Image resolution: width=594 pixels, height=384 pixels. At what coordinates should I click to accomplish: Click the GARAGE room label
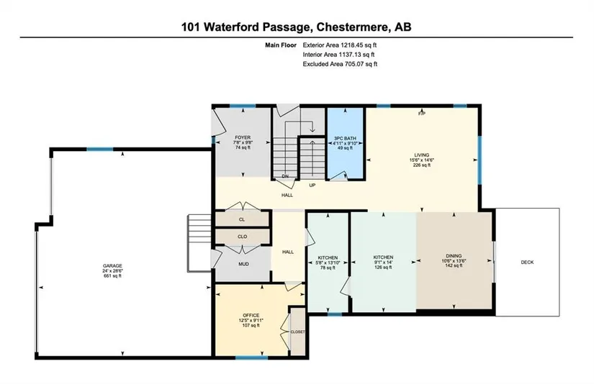[x=112, y=266]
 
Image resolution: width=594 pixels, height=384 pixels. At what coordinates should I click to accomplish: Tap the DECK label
[x=527, y=262]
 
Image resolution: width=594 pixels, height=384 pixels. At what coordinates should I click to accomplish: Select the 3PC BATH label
[x=345, y=139]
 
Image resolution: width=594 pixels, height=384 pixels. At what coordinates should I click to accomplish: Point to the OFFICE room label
[x=251, y=315]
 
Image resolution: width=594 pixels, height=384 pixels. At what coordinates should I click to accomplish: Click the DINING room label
[x=454, y=256]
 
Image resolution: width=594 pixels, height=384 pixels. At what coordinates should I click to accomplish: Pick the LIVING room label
[x=422, y=155]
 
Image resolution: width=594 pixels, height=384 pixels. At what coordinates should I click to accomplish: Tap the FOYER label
[x=243, y=138]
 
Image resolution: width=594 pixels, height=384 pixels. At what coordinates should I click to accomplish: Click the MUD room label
[x=243, y=264]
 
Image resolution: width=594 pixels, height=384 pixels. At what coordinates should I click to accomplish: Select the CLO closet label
[x=243, y=237]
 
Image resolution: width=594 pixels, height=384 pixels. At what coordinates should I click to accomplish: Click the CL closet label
[x=242, y=219]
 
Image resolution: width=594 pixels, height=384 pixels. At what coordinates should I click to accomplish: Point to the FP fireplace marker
[x=422, y=113]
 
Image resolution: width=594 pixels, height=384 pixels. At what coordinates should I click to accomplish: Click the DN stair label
[x=285, y=176]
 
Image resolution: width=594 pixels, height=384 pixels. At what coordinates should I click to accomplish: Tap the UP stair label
[x=312, y=186]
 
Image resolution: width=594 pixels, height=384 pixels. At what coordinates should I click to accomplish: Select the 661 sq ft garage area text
[x=112, y=276]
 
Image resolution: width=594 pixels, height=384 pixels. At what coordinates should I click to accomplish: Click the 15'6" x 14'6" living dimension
[x=422, y=160]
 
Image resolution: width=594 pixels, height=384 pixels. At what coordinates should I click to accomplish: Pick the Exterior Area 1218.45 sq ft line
[x=339, y=45]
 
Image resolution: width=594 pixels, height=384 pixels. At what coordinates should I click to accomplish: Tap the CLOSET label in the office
[x=297, y=332]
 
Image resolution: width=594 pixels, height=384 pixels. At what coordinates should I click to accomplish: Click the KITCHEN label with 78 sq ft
[x=328, y=257]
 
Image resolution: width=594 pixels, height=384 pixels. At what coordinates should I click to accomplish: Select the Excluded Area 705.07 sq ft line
[x=340, y=64]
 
